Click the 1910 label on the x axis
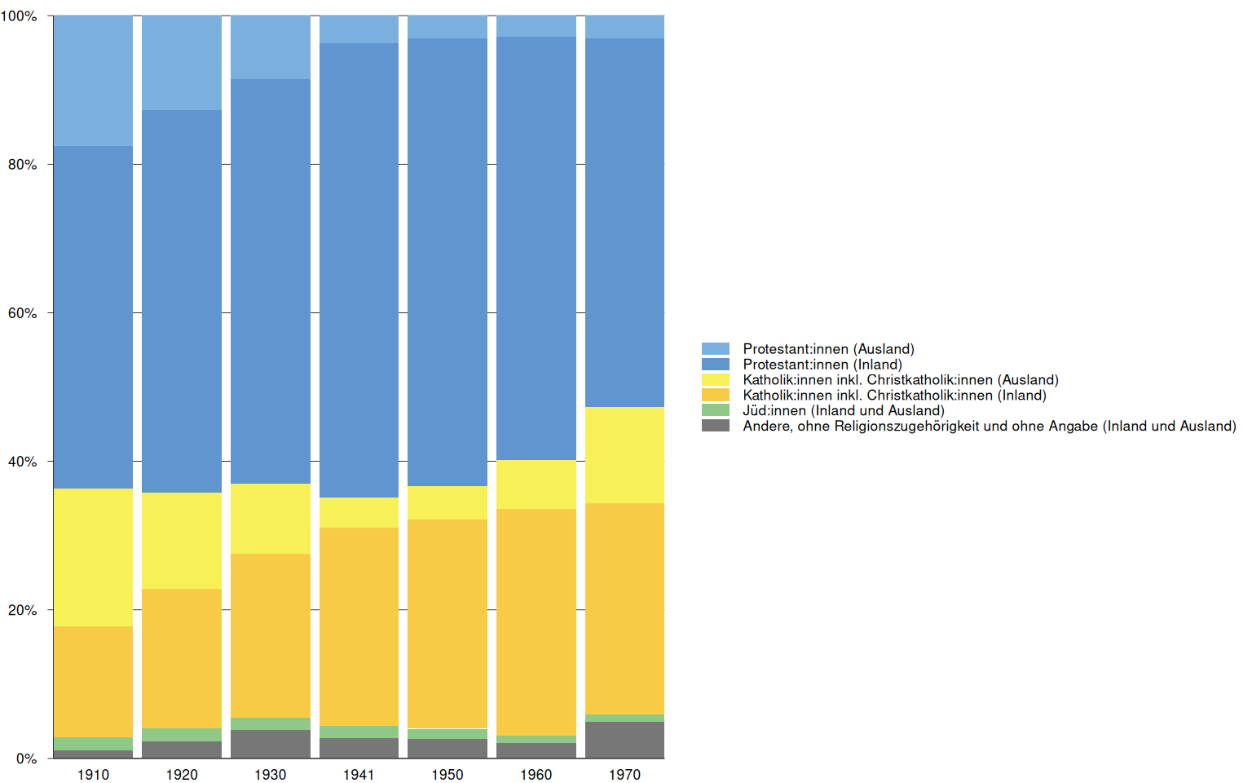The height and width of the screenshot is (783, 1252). pos(93,774)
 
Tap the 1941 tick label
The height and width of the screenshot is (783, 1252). pos(359,774)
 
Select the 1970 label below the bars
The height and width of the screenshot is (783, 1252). pos(624,774)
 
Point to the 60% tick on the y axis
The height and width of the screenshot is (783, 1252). pos(23,313)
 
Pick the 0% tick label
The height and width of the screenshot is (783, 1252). pos(27,759)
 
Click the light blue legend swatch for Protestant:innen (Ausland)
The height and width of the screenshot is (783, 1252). pos(716,349)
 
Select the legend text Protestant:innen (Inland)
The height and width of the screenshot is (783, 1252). pos(822,365)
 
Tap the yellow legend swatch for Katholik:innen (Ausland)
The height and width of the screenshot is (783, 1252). pos(716,380)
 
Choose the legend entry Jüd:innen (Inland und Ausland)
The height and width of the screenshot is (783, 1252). pos(843,410)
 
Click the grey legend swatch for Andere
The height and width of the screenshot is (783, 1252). pos(716,426)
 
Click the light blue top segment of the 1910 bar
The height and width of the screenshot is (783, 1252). pos(93,81)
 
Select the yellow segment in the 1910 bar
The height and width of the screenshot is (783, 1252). pos(93,557)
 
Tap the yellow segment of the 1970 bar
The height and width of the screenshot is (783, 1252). pos(624,455)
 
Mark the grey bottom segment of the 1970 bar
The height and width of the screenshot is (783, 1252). pos(624,740)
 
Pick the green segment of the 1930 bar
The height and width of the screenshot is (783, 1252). pos(271,723)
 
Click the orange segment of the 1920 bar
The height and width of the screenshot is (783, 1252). pos(182,658)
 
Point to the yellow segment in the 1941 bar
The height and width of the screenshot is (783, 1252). pos(359,512)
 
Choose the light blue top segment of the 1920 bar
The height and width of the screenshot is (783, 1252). pos(182,63)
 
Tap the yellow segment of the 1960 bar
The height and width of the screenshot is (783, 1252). pos(536,484)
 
